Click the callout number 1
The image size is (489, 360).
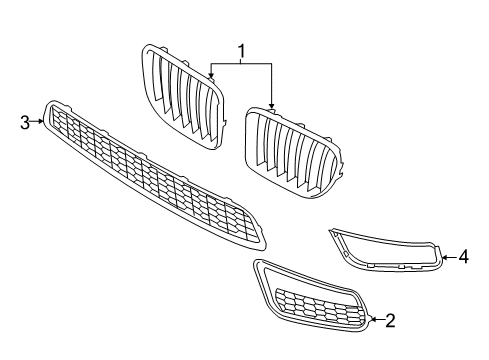pos(240,50)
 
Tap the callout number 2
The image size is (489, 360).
pos(390,320)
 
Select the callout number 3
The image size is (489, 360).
pos(25,122)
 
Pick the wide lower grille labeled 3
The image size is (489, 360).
pos(150,175)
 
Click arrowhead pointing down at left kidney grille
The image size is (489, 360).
pos(211,75)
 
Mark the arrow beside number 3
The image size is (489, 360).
pos(40,122)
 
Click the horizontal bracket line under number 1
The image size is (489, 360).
pos(241,63)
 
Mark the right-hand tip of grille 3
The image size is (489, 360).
pos(266,241)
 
